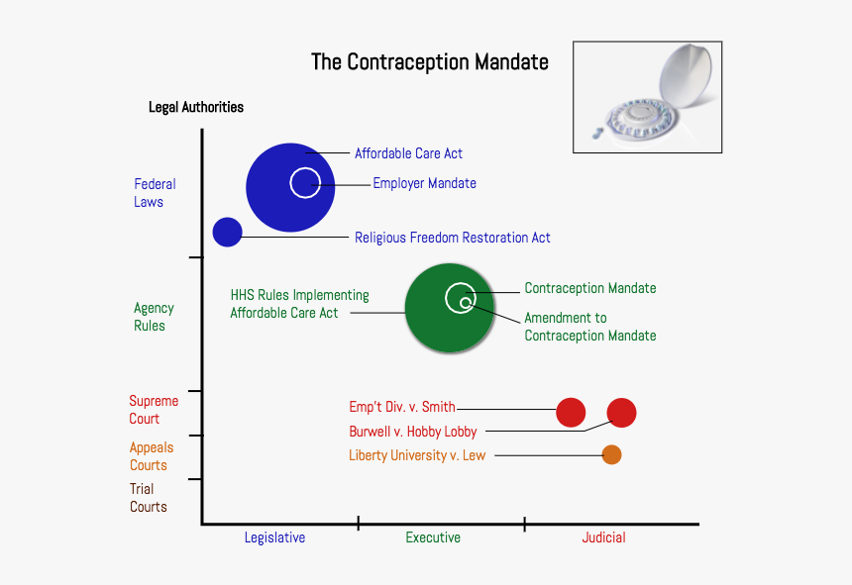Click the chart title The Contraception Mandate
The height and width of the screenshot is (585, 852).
pos(429,61)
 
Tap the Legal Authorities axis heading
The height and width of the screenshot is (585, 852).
pos(196,107)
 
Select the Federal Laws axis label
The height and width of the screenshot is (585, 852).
pos(155,193)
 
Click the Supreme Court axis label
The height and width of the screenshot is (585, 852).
pos(154,410)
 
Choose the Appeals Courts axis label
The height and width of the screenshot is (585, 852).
pos(151,456)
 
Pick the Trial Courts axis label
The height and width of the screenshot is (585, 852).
pos(148,498)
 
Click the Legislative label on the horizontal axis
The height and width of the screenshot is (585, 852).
pos(274,537)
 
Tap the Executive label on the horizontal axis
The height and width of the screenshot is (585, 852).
pos(433,537)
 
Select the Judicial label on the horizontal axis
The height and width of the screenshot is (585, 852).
pos(603,537)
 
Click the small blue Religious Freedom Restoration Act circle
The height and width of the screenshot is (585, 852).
pos(228,232)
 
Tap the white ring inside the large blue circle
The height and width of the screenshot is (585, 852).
pos(305,182)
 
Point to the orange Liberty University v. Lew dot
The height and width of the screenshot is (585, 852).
pos(611,455)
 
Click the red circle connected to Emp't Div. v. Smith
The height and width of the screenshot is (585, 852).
pos(571,412)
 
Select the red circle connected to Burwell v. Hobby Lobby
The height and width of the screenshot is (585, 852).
pos(621,412)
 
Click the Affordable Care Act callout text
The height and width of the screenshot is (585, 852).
pos(408,153)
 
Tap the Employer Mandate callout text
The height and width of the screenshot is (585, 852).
pos(424,183)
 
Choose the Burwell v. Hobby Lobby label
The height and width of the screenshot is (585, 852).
pos(413,432)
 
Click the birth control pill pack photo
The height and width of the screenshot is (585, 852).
pos(647,97)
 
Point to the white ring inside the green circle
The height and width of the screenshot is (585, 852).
pos(460,297)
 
